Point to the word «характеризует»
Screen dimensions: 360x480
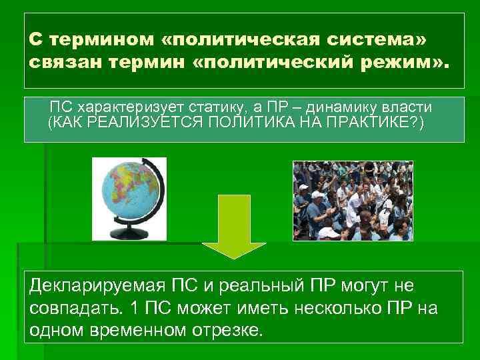121,107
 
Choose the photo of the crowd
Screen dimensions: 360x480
353,201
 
